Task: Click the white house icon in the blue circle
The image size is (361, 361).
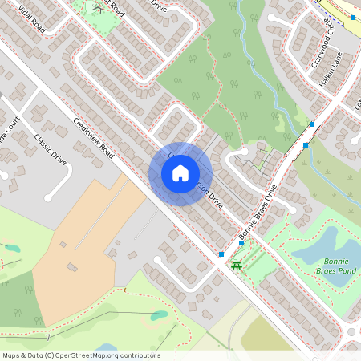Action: point(180,173)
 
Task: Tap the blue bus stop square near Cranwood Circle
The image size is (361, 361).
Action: point(353,17)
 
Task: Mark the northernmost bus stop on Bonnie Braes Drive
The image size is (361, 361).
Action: point(312,124)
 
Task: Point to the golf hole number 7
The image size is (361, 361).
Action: point(47,338)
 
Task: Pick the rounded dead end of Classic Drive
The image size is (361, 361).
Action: point(49,197)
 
